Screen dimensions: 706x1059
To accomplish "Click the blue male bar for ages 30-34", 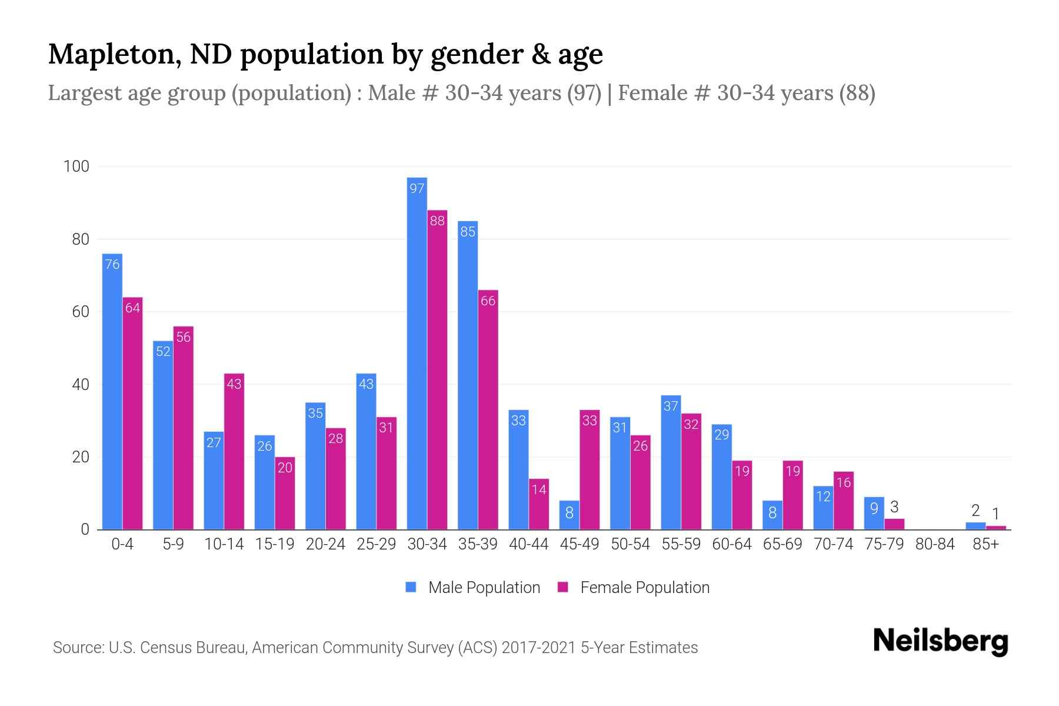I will click(x=417, y=353).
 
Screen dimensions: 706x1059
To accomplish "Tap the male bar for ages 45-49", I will click(x=569, y=515).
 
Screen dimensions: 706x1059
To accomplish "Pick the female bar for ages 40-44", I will click(x=538, y=504).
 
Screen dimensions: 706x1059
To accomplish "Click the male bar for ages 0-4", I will click(x=112, y=391).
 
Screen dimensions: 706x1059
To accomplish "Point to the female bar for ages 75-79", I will click(x=894, y=524).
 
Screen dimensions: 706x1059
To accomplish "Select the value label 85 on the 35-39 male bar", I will click(x=468, y=232).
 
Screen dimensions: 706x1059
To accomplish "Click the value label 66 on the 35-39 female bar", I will click(x=488, y=301).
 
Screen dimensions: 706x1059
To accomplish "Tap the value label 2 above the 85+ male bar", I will click(x=975, y=511).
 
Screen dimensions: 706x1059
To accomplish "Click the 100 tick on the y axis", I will click(x=76, y=166).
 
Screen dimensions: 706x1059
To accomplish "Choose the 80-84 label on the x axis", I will click(x=935, y=544).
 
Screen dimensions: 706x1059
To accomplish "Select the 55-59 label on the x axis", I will click(x=681, y=544).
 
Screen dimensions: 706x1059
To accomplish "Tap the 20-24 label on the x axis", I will click(x=325, y=544).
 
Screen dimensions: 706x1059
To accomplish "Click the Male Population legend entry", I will click(x=484, y=588).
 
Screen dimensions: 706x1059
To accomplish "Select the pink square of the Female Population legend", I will click(x=563, y=587).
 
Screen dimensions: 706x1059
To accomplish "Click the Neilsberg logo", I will click(x=940, y=641).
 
